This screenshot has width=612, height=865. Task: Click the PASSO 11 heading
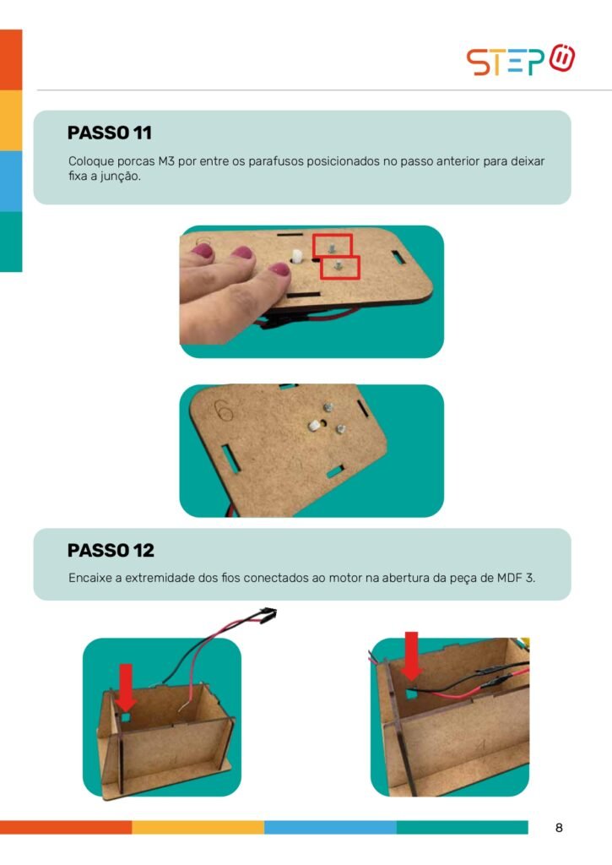tap(109, 133)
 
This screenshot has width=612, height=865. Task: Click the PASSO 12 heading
tap(111, 551)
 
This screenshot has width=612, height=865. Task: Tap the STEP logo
tap(521, 60)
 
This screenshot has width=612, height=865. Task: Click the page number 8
tap(559, 828)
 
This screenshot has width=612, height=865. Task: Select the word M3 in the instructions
tap(166, 161)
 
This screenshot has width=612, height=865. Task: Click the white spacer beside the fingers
tap(296, 257)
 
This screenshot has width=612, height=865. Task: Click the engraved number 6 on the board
tap(225, 411)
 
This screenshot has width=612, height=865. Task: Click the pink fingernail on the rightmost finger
tap(279, 269)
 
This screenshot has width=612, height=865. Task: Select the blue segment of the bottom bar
tap(330, 828)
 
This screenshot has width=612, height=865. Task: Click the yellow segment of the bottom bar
tap(198, 828)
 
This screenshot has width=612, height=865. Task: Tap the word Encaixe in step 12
tap(89, 578)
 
